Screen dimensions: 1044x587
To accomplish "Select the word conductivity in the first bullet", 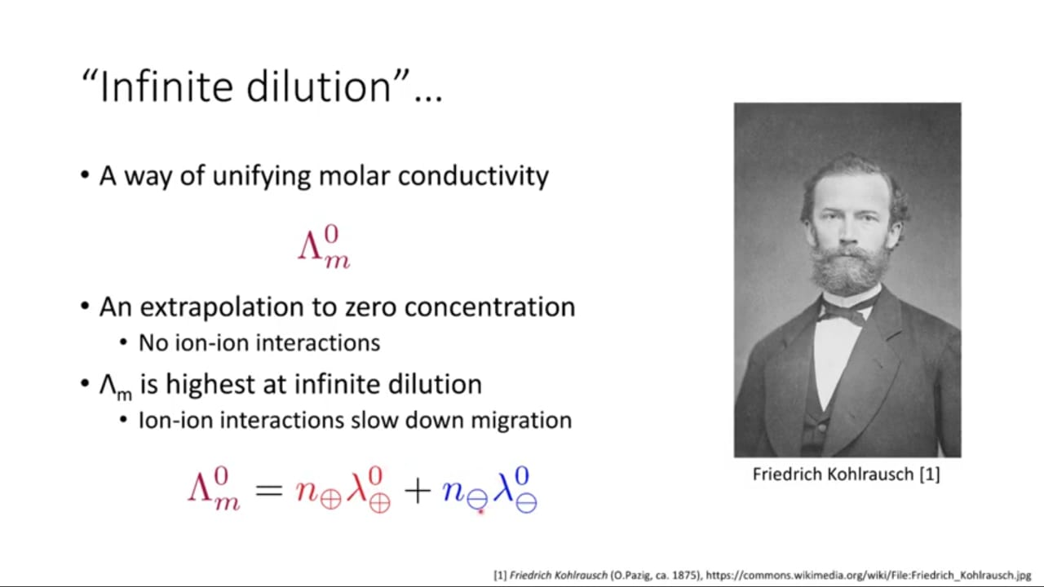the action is click(473, 177).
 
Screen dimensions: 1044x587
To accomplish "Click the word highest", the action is click(210, 385).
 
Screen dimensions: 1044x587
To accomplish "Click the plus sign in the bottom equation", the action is click(418, 491).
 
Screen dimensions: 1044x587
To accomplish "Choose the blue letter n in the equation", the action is click(453, 491).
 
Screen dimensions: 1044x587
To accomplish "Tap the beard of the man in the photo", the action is click(847, 270).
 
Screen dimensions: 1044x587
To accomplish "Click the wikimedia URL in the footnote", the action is click(869, 576).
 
